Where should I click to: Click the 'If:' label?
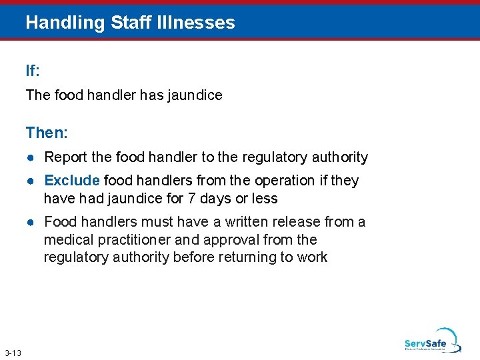click(x=33, y=71)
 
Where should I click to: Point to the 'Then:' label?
click(x=47, y=133)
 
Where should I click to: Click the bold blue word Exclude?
click(x=72, y=181)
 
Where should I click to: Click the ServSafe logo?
click(x=432, y=341)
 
